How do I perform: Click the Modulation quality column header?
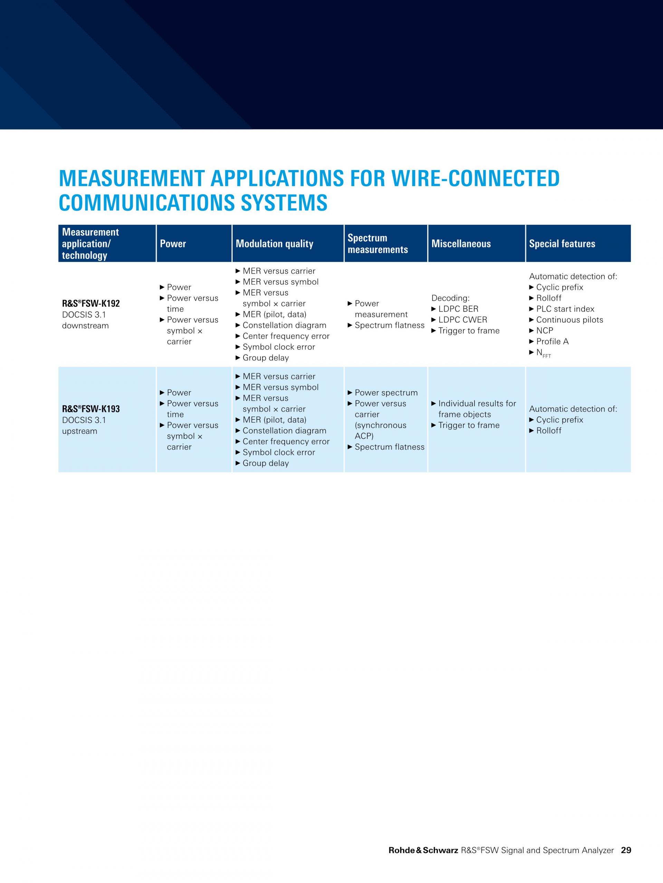(x=274, y=244)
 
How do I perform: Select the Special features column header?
(x=562, y=244)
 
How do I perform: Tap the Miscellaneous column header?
(x=461, y=244)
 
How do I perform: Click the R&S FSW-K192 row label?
(x=91, y=304)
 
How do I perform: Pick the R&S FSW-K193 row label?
(x=91, y=409)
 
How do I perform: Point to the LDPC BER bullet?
(x=458, y=309)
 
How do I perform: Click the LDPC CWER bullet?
(x=462, y=320)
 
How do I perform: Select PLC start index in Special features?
(x=565, y=309)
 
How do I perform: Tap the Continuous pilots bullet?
(x=569, y=320)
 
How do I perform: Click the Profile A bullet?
(x=552, y=341)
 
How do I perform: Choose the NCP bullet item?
(x=544, y=330)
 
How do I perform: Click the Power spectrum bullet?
(x=386, y=393)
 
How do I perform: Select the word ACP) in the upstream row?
(x=364, y=436)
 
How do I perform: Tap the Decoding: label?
(x=450, y=298)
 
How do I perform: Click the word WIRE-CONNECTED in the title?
(x=475, y=178)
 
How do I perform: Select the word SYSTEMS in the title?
(x=284, y=203)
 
